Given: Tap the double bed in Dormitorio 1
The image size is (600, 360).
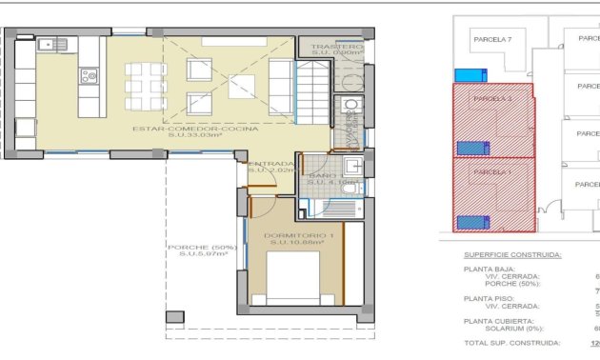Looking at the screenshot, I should (x=295, y=281).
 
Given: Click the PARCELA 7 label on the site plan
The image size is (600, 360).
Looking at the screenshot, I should (x=492, y=39).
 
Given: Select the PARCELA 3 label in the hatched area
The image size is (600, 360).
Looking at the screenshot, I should (x=492, y=99).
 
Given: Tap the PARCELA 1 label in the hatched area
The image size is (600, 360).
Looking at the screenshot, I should (x=492, y=172).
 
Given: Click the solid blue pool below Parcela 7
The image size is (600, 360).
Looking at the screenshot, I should (x=469, y=75).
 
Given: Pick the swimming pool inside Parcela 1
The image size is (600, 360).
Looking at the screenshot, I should (x=473, y=222).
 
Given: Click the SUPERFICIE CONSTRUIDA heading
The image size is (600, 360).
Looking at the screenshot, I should (x=512, y=255).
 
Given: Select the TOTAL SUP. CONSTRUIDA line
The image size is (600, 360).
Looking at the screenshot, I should (x=511, y=343).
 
